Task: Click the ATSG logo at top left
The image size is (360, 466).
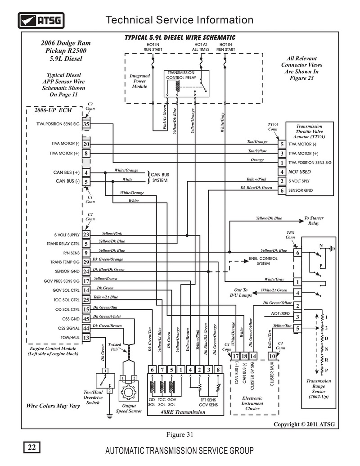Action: pyautogui.click(x=41, y=21)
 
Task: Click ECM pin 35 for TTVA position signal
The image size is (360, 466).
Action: pyautogui.click(x=86, y=124)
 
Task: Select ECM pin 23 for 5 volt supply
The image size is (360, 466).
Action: pyautogui.click(x=86, y=235)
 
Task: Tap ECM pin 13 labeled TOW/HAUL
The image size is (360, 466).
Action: pyautogui.click(x=86, y=338)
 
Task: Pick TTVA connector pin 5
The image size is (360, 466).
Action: pyautogui.click(x=282, y=144)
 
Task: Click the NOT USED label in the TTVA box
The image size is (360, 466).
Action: pyautogui.click(x=299, y=172)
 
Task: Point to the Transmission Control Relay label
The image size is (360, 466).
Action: pyautogui.click(x=181, y=75)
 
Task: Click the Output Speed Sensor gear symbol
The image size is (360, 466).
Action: pyautogui.click(x=128, y=392)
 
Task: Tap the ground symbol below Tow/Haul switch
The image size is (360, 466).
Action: pyautogui.click(x=110, y=416)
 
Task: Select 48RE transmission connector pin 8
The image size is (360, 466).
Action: pyautogui.click(x=218, y=370)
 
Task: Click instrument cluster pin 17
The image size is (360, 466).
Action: pyautogui.click(x=235, y=356)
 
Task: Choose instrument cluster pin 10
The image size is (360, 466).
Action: pyautogui.click(x=272, y=356)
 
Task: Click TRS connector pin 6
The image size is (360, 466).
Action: pyautogui.click(x=297, y=253)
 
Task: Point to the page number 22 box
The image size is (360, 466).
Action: pyautogui.click(x=32, y=447)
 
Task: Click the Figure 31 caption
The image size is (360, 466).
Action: pyautogui.click(x=180, y=434)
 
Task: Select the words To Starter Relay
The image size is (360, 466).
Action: pyautogui.click(x=314, y=221)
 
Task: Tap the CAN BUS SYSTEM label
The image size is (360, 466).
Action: pyautogui.click(x=160, y=177)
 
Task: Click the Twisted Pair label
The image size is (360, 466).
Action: pyautogui.click(x=115, y=347)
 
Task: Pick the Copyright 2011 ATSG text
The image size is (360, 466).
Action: pyautogui.click(x=304, y=425)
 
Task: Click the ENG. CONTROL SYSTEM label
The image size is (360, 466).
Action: pyautogui.click(x=263, y=261)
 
